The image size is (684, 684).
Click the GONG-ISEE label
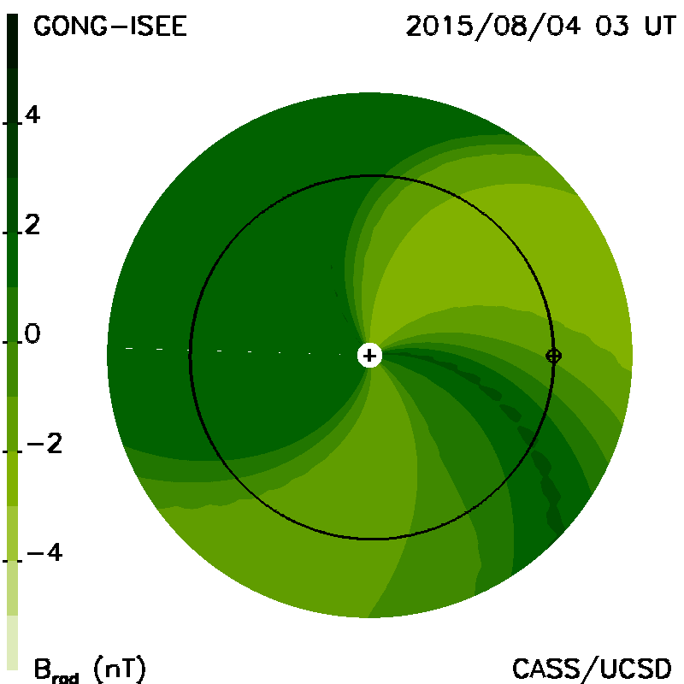[110, 27]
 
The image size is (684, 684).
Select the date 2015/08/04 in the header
[493, 27]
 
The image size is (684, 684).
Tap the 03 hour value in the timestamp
[612, 27]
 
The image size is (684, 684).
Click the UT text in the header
[660, 27]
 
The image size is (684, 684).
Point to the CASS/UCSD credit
[592, 668]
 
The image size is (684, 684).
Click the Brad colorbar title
[56, 669]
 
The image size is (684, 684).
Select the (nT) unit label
[120, 669]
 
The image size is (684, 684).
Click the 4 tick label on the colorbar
[32, 115]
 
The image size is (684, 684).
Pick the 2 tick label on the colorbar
[32, 225]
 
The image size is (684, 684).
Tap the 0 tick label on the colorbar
[32, 333]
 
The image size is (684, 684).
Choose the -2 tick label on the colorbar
[44, 443]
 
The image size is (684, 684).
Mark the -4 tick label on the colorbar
[45, 552]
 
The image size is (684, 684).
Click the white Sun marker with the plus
[369, 356]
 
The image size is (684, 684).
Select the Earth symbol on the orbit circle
[553, 356]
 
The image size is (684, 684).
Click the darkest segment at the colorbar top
[13, 41]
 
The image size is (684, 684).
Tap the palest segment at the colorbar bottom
[13, 643]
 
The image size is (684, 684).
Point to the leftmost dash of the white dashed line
[129, 349]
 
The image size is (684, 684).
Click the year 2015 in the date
[439, 27]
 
